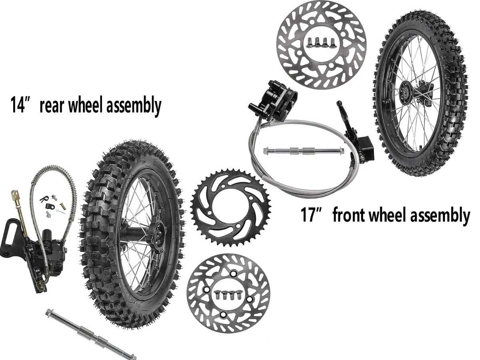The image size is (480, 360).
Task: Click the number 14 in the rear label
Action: pyautogui.click(x=18, y=106)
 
